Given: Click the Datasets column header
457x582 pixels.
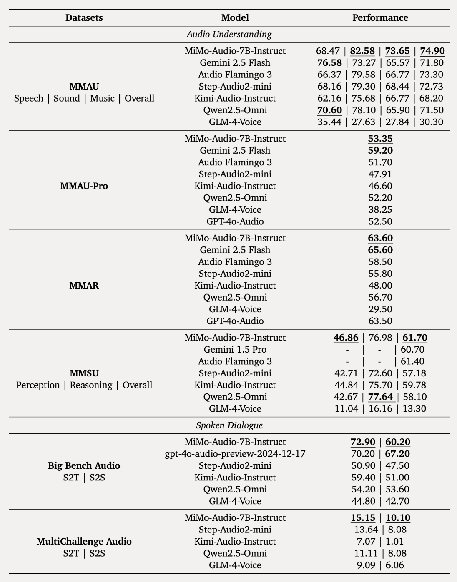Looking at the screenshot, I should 84,18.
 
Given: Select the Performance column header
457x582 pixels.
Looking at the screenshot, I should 380,18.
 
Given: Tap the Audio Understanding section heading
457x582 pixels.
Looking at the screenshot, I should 229,34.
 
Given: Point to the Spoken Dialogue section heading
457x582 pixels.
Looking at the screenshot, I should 229,425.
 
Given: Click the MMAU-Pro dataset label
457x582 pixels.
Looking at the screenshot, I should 84,186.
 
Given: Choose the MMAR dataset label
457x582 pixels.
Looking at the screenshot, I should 84,286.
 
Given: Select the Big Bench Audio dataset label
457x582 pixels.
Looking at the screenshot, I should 84,465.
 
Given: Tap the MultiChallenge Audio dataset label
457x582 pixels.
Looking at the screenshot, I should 84,541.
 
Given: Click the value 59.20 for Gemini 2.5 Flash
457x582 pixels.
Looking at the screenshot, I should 380,150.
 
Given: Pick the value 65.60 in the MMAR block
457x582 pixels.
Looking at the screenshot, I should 380,250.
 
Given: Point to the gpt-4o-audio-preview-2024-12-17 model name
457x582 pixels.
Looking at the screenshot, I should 235,454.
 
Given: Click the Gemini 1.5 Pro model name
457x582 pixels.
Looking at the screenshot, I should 235,349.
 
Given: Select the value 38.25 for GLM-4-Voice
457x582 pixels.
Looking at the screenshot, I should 380,210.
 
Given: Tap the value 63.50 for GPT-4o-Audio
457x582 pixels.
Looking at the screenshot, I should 380,321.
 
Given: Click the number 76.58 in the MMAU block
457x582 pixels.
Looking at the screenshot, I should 329,63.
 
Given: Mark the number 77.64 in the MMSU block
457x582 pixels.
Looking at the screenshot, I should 380,397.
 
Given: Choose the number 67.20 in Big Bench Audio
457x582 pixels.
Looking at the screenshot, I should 397,454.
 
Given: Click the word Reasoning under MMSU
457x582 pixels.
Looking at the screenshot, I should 91,385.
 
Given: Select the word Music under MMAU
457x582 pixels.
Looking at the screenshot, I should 102,99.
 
